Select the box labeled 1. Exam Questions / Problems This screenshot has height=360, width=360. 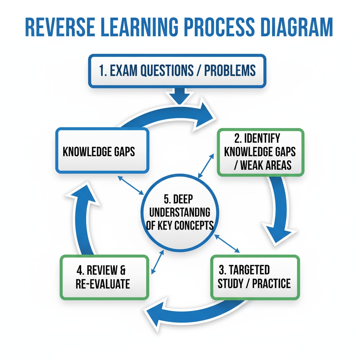177,71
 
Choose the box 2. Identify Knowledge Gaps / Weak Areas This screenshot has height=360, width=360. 260,152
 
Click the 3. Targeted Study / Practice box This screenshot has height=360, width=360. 255,277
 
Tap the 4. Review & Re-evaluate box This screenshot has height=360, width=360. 104,277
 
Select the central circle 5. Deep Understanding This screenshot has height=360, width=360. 179,213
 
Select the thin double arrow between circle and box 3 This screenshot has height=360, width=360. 227,243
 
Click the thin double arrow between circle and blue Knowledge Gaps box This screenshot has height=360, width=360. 130,185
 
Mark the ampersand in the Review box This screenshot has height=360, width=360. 122,271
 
